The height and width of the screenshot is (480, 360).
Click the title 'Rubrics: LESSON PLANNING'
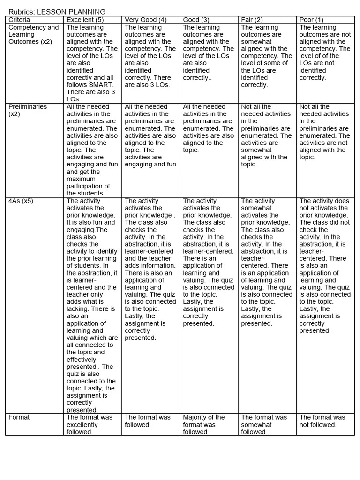point(57,12)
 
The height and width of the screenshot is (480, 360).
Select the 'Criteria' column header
point(19,20)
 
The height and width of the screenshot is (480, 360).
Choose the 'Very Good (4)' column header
point(146,20)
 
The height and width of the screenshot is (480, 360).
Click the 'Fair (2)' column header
point(252,20)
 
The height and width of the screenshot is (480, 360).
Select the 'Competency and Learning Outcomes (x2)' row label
point(34,34)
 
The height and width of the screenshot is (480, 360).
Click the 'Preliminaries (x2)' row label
point(28,110)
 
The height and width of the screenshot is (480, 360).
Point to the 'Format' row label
point(19,417)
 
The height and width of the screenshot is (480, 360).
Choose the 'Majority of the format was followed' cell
point(203,424)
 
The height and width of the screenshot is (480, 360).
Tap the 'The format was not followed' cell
point(322,421)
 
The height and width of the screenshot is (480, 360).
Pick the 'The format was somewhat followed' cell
point(264,424)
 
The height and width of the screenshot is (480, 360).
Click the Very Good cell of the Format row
point(148,421)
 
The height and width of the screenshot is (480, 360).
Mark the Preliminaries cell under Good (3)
point(208,128)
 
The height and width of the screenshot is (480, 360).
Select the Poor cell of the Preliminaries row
point(324,132)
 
